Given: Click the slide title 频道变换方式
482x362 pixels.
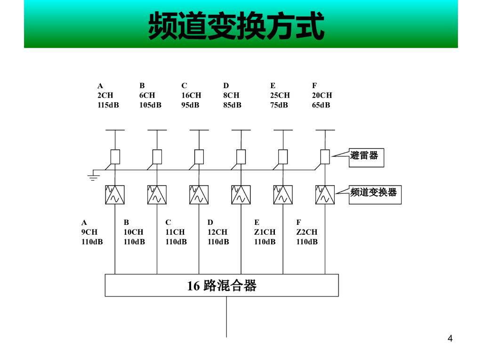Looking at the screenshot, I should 236,26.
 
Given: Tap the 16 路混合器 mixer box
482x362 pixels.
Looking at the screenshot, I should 222,286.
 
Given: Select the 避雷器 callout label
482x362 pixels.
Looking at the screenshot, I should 366,156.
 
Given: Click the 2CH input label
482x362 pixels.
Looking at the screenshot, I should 105,95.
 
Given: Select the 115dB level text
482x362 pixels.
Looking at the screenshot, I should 108,105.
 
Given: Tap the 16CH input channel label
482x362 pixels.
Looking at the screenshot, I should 191,95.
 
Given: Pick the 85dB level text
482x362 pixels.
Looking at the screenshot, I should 232,105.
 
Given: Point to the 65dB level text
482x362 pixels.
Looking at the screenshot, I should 321,105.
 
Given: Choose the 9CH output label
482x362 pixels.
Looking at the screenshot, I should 89,232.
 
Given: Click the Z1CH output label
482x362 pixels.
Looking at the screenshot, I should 265,232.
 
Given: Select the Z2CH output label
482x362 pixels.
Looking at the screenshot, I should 306,232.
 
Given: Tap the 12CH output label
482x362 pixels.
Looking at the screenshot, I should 217,232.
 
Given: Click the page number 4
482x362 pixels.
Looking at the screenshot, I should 450,338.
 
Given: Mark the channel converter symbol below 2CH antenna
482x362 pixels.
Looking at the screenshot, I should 115,195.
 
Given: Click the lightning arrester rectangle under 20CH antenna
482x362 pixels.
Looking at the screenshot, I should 325,156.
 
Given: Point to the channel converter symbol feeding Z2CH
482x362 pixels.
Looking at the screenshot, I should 325,195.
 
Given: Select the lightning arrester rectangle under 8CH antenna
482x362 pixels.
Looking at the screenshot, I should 241,156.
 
